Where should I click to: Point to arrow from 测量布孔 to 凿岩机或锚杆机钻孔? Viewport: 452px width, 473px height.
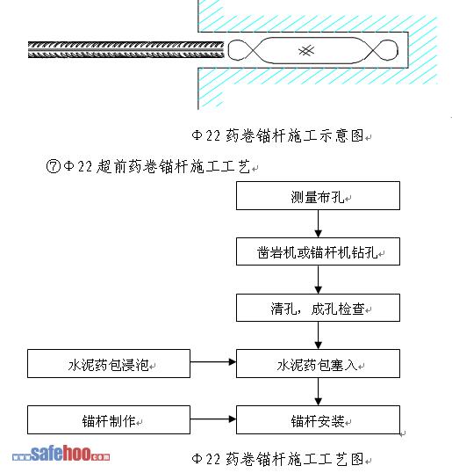pos(319,224)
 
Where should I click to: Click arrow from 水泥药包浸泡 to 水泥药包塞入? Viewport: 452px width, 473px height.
pos(213,361)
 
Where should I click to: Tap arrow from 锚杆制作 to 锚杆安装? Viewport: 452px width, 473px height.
pos(213,418)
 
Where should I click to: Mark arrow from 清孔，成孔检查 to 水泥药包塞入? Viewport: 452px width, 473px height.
pos(319,336)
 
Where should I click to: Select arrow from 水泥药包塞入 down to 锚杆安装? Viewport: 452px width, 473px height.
pos(319,391)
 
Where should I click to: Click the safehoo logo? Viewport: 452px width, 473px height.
pos(61,455)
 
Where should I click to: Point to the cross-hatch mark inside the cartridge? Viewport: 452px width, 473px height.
pos(306,50)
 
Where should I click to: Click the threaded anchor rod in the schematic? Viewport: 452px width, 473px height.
pos(126,50)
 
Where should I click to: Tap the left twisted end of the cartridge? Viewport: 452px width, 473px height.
pos(243,50)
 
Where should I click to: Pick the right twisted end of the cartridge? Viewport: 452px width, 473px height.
pos(383,50)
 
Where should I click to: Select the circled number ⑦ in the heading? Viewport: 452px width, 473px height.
pos(54,166)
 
